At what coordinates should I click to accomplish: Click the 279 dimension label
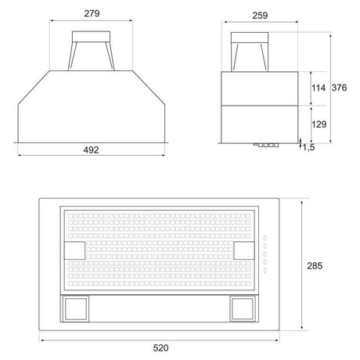[x=92, y=13]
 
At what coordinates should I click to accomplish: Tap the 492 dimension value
[x=91, y=150]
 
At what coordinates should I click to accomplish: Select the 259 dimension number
[x=260, y=16]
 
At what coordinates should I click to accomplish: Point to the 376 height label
[x=340, y=88]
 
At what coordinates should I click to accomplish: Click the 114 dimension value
[x=319, y=88]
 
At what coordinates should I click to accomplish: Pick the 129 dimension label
[x=319, y=124]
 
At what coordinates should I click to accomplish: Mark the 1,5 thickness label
[x=308, y=147]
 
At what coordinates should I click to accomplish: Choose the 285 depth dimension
[x=315, y=266]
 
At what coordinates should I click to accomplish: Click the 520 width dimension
[x=160, y=348]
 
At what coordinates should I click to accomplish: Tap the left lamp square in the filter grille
[x=74, y=250]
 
